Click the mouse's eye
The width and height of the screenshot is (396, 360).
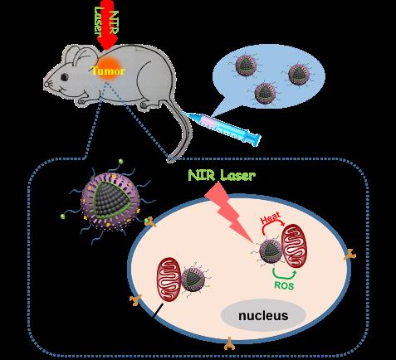tap(65, 77)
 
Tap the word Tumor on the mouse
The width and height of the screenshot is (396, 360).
tap(108, 71)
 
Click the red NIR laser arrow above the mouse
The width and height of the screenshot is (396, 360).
tap(107, 25)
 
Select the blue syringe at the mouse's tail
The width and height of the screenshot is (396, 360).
tap(222, 127)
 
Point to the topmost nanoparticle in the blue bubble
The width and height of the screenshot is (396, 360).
tap(246, 66)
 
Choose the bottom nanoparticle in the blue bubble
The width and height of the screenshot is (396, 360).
tap(265, 93)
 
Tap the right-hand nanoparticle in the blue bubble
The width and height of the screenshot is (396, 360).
tap(298, 75)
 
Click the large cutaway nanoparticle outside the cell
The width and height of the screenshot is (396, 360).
tap(110, 202)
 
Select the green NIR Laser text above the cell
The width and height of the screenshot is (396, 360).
tap(222, 175)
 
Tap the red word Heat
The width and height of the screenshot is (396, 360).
tap(271, 219)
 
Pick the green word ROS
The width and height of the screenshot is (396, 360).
tap(284, 285)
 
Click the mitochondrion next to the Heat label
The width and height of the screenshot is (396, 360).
tap(295, 246)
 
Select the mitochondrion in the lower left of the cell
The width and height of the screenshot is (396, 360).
tap(169, 280)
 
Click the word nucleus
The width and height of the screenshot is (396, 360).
tap(263, 315)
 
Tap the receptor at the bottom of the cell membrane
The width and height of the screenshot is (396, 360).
tap(229, 343)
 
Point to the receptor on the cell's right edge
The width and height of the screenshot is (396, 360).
tap(350, 255)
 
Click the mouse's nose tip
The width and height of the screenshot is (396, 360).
tap(45, 83)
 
